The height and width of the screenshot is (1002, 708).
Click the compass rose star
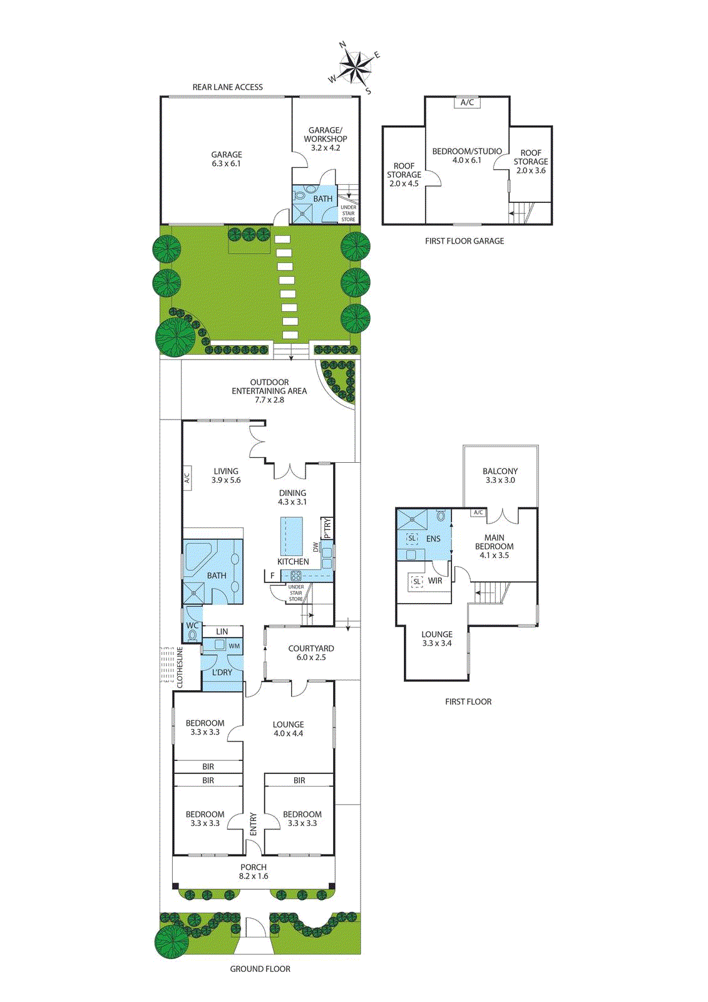tap(355, 68)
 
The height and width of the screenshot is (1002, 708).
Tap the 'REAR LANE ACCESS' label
tap(228, 87)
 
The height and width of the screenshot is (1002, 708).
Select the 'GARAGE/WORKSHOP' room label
tap(325, 135)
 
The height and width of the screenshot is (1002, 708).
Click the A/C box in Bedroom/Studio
tap(467, 103)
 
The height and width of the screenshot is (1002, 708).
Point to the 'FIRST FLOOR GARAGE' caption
tap(464, 241)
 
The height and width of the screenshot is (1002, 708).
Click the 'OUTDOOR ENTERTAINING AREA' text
tap(269, 386)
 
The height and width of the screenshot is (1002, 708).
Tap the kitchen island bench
tap(291, 536)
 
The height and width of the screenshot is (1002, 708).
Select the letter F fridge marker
tap(272, 576)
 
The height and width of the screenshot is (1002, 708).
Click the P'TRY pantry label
tap(327, 528)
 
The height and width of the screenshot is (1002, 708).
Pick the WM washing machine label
tap(234, 646)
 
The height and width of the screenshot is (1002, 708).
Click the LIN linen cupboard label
tap(222, 632)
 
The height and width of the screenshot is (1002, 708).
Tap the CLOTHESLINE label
tap(180, 667)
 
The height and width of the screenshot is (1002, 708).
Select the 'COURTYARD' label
tap(311, 648)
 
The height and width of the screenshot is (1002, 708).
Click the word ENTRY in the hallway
tap(253, 824)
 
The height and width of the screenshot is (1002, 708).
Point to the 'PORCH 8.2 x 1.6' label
tap(254, 871)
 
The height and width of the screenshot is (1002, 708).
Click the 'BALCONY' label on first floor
tap(500, 471)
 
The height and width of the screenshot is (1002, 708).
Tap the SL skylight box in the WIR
tap(417, 582)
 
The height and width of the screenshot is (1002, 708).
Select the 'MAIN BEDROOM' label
tap(494, 542)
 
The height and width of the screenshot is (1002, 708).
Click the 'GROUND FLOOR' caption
tap(260, 969)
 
